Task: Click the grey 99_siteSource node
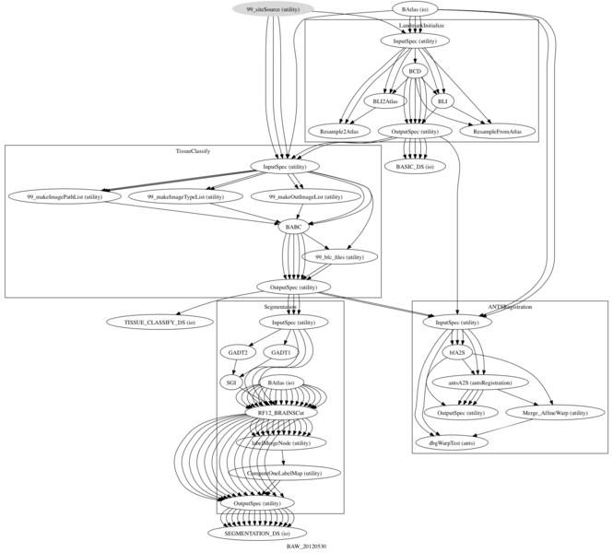click(x=272, y=9)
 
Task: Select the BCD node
click(x=415, y=70)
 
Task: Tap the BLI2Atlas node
click(x=386, y=100)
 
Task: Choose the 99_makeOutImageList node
click(x=305, y=196)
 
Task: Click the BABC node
click(x=292, y=227)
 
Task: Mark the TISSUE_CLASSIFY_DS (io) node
click(x=159, y=322)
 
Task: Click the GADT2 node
click(x=237, y=352)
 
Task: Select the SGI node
click(x=231, y=382)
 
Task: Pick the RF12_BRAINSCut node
click(x=288, y=413)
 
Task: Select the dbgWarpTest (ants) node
click(x=458, y=442)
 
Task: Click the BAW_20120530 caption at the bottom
click(x=306, y=547)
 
